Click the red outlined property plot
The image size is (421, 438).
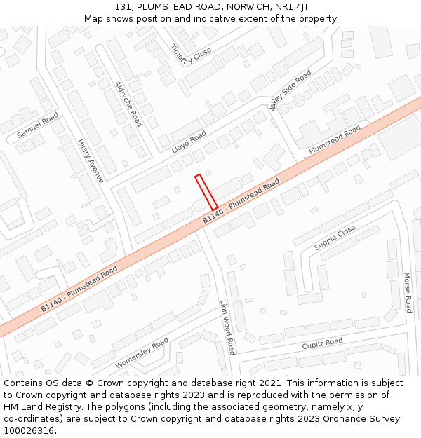click(206, 191)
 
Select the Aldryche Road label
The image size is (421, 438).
click(128, 104)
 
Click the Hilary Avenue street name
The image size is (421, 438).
click(91, 160)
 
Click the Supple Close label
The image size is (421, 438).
click(335, 238)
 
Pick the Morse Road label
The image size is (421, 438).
click(407, 292)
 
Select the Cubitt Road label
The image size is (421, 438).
click(322, 343)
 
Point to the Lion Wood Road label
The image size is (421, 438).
click(227, 327)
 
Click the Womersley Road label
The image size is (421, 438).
click(142, 353)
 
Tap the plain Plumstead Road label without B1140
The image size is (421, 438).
click(335, 140)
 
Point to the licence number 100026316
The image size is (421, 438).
click(29, 430)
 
